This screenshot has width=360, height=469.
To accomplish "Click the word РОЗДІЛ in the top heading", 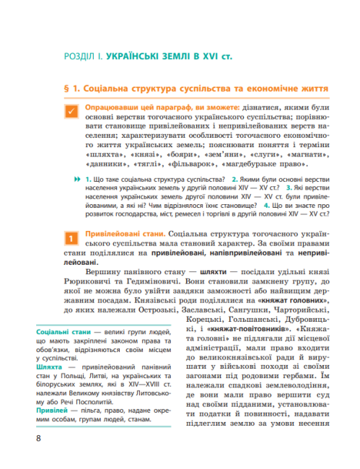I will (x=81, y=54).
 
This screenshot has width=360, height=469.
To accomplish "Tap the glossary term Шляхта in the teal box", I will (x=48, y=367).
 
